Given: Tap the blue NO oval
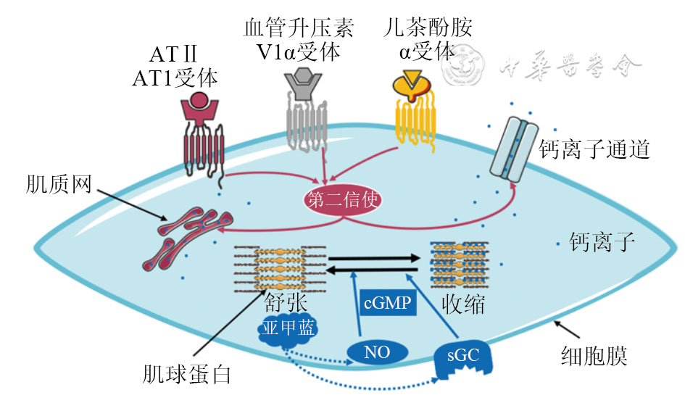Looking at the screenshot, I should coord(377,353).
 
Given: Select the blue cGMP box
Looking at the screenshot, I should coord(388,302).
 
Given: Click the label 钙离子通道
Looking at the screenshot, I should coord(593,150).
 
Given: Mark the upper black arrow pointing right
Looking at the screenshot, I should coord(375,257).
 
